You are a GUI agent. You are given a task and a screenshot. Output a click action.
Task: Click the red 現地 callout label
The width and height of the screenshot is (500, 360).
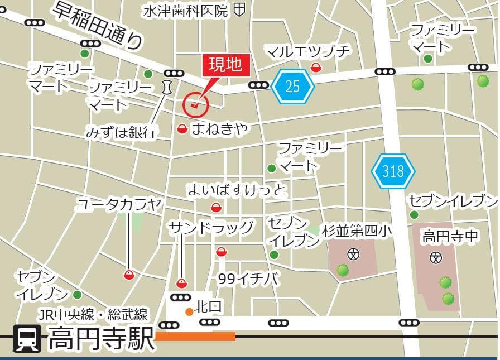point(225,65)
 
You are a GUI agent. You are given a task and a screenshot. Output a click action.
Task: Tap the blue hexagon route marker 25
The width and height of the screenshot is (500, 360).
point(293,87)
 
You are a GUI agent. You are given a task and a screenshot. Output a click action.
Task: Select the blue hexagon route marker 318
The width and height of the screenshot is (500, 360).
point(393,170)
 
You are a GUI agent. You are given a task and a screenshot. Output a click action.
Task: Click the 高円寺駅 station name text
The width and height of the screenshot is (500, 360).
point(101,339)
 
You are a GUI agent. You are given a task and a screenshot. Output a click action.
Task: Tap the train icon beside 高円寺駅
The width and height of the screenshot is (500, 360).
point(27,339)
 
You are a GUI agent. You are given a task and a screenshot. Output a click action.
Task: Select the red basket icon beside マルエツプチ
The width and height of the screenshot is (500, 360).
point(316,68)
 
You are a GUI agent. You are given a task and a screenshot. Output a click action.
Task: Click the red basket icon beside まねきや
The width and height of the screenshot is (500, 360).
point(182,129)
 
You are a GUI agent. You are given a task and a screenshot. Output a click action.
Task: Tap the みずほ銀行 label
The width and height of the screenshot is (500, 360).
point(121,132)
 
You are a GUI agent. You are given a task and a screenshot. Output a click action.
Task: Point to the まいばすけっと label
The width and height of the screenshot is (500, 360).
point(237,190)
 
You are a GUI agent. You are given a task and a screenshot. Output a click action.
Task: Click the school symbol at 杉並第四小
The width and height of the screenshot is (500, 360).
point(353,255)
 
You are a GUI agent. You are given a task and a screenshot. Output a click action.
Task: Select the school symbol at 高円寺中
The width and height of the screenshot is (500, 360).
point(436,257)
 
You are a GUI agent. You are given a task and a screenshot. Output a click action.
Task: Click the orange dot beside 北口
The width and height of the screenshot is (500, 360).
point(189,311)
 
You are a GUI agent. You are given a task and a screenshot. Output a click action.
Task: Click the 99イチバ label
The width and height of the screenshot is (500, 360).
point(248,279)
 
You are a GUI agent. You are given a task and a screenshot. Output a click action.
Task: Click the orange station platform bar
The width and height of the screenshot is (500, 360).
point(195,337)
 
